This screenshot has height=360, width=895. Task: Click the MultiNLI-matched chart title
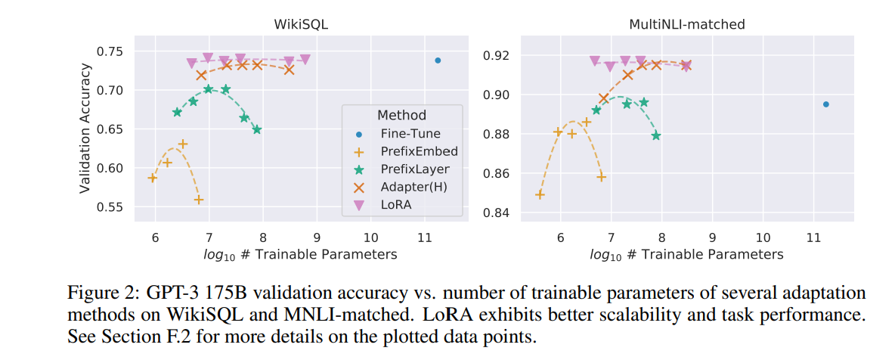686,24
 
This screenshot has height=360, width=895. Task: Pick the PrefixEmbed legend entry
419,151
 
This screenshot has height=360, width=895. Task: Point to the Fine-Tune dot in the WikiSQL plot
438,61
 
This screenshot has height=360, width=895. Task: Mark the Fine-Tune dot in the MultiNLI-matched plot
825,104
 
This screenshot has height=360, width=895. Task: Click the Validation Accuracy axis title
85,128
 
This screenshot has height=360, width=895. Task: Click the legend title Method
401,116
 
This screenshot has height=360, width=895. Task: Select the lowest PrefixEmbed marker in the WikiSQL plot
199,200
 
